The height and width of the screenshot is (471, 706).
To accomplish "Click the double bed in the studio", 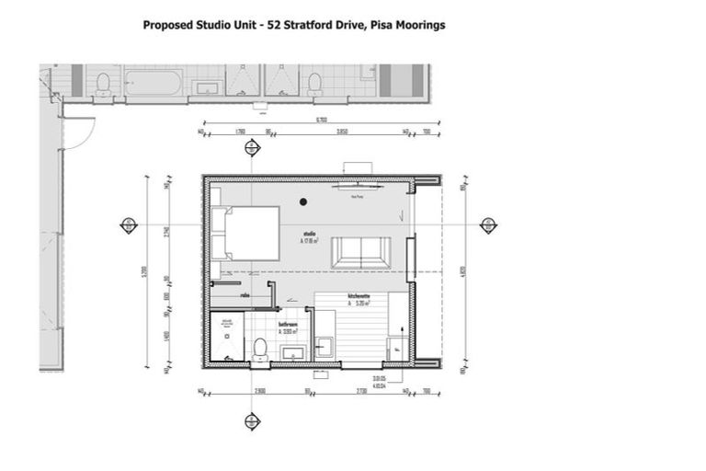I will point(245,233).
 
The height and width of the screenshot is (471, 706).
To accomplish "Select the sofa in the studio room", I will point(359,250).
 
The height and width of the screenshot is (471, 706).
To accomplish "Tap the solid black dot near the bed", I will point(302,201).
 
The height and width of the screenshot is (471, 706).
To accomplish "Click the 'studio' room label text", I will point(309,235).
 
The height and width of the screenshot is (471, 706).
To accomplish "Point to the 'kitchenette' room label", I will point(359,295).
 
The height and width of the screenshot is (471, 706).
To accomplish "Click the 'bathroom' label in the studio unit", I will point(288,325).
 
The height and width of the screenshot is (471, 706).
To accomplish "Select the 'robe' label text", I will point(245,295).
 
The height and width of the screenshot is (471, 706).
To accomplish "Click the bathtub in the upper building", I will point(153,83).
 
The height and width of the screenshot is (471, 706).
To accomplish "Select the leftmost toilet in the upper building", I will point(103,84).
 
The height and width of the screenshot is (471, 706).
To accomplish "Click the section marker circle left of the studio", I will point(130,225).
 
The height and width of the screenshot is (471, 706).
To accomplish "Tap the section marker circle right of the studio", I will point(488,225).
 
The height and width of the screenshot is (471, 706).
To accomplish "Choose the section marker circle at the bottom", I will point(252,421).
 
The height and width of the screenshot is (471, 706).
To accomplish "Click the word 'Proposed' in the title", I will point(168,25).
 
